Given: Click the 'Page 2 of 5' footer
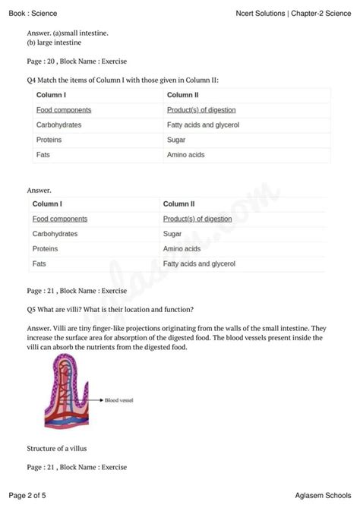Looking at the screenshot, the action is (x=28, y=495).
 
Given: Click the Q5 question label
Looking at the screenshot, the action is (x=31, y=308).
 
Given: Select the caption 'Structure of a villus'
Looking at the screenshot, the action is (x=58, y=448).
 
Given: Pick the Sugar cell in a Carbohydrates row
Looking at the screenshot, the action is (x=172, y=234).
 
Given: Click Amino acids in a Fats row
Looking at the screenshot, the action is (x=185, y=155).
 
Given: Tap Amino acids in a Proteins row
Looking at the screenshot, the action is (x=182, y=249).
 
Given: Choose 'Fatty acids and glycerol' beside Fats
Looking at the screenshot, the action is (x=199, y=264).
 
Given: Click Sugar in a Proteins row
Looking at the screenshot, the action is (x=175, y=140).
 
